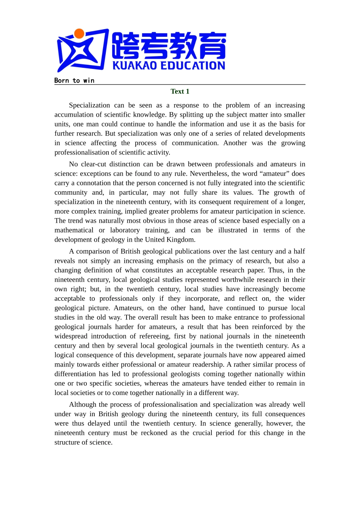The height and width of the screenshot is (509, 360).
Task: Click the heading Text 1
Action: point(180,91)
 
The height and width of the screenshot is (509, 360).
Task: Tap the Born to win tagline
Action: point(74,80)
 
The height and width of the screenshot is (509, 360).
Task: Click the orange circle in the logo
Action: point(79,34)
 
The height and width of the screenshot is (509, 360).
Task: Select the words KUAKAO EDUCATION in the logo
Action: point(169,66)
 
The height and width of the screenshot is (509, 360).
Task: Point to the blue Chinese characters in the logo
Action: point(169,46)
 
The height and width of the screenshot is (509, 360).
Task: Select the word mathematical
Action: point(74,230)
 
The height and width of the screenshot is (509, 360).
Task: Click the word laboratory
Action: point(125,230)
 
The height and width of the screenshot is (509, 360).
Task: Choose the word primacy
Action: point(219,261)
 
